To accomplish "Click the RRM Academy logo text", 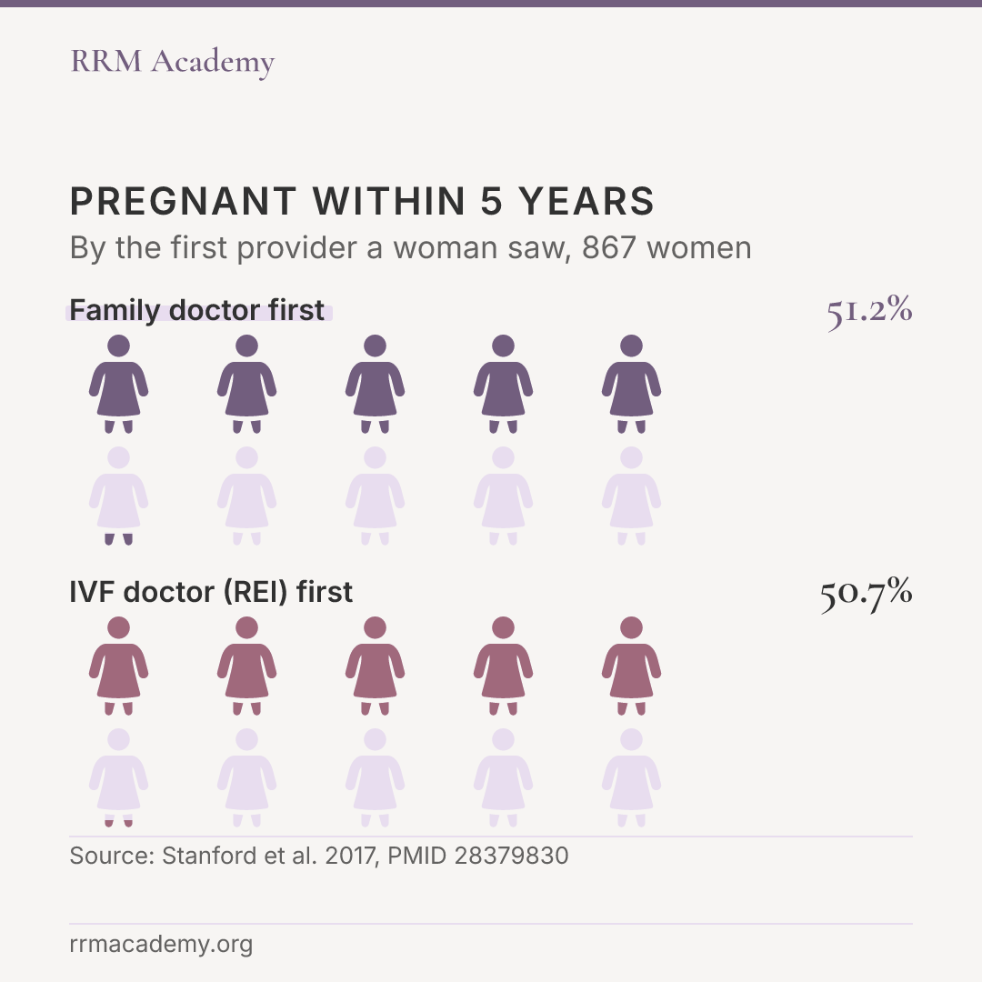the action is (172, 62).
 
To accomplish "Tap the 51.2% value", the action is (869, 311).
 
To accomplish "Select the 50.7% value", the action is (867, 593).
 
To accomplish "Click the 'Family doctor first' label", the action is (196, 311).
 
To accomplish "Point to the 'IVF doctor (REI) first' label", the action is (211, 593).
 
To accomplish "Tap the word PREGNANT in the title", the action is (183, 202).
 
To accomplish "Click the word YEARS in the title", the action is (586, 202).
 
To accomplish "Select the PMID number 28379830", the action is (511, 857).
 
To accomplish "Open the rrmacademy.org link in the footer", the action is (161, 945).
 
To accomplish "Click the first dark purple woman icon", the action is (118, 384).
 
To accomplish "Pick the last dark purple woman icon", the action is (631, 384).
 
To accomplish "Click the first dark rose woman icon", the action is (118, 666).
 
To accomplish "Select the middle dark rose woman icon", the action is (376, 666).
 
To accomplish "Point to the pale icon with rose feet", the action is (118, 777).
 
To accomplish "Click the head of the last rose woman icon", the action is (631, 627).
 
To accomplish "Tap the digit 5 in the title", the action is (492, 202).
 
